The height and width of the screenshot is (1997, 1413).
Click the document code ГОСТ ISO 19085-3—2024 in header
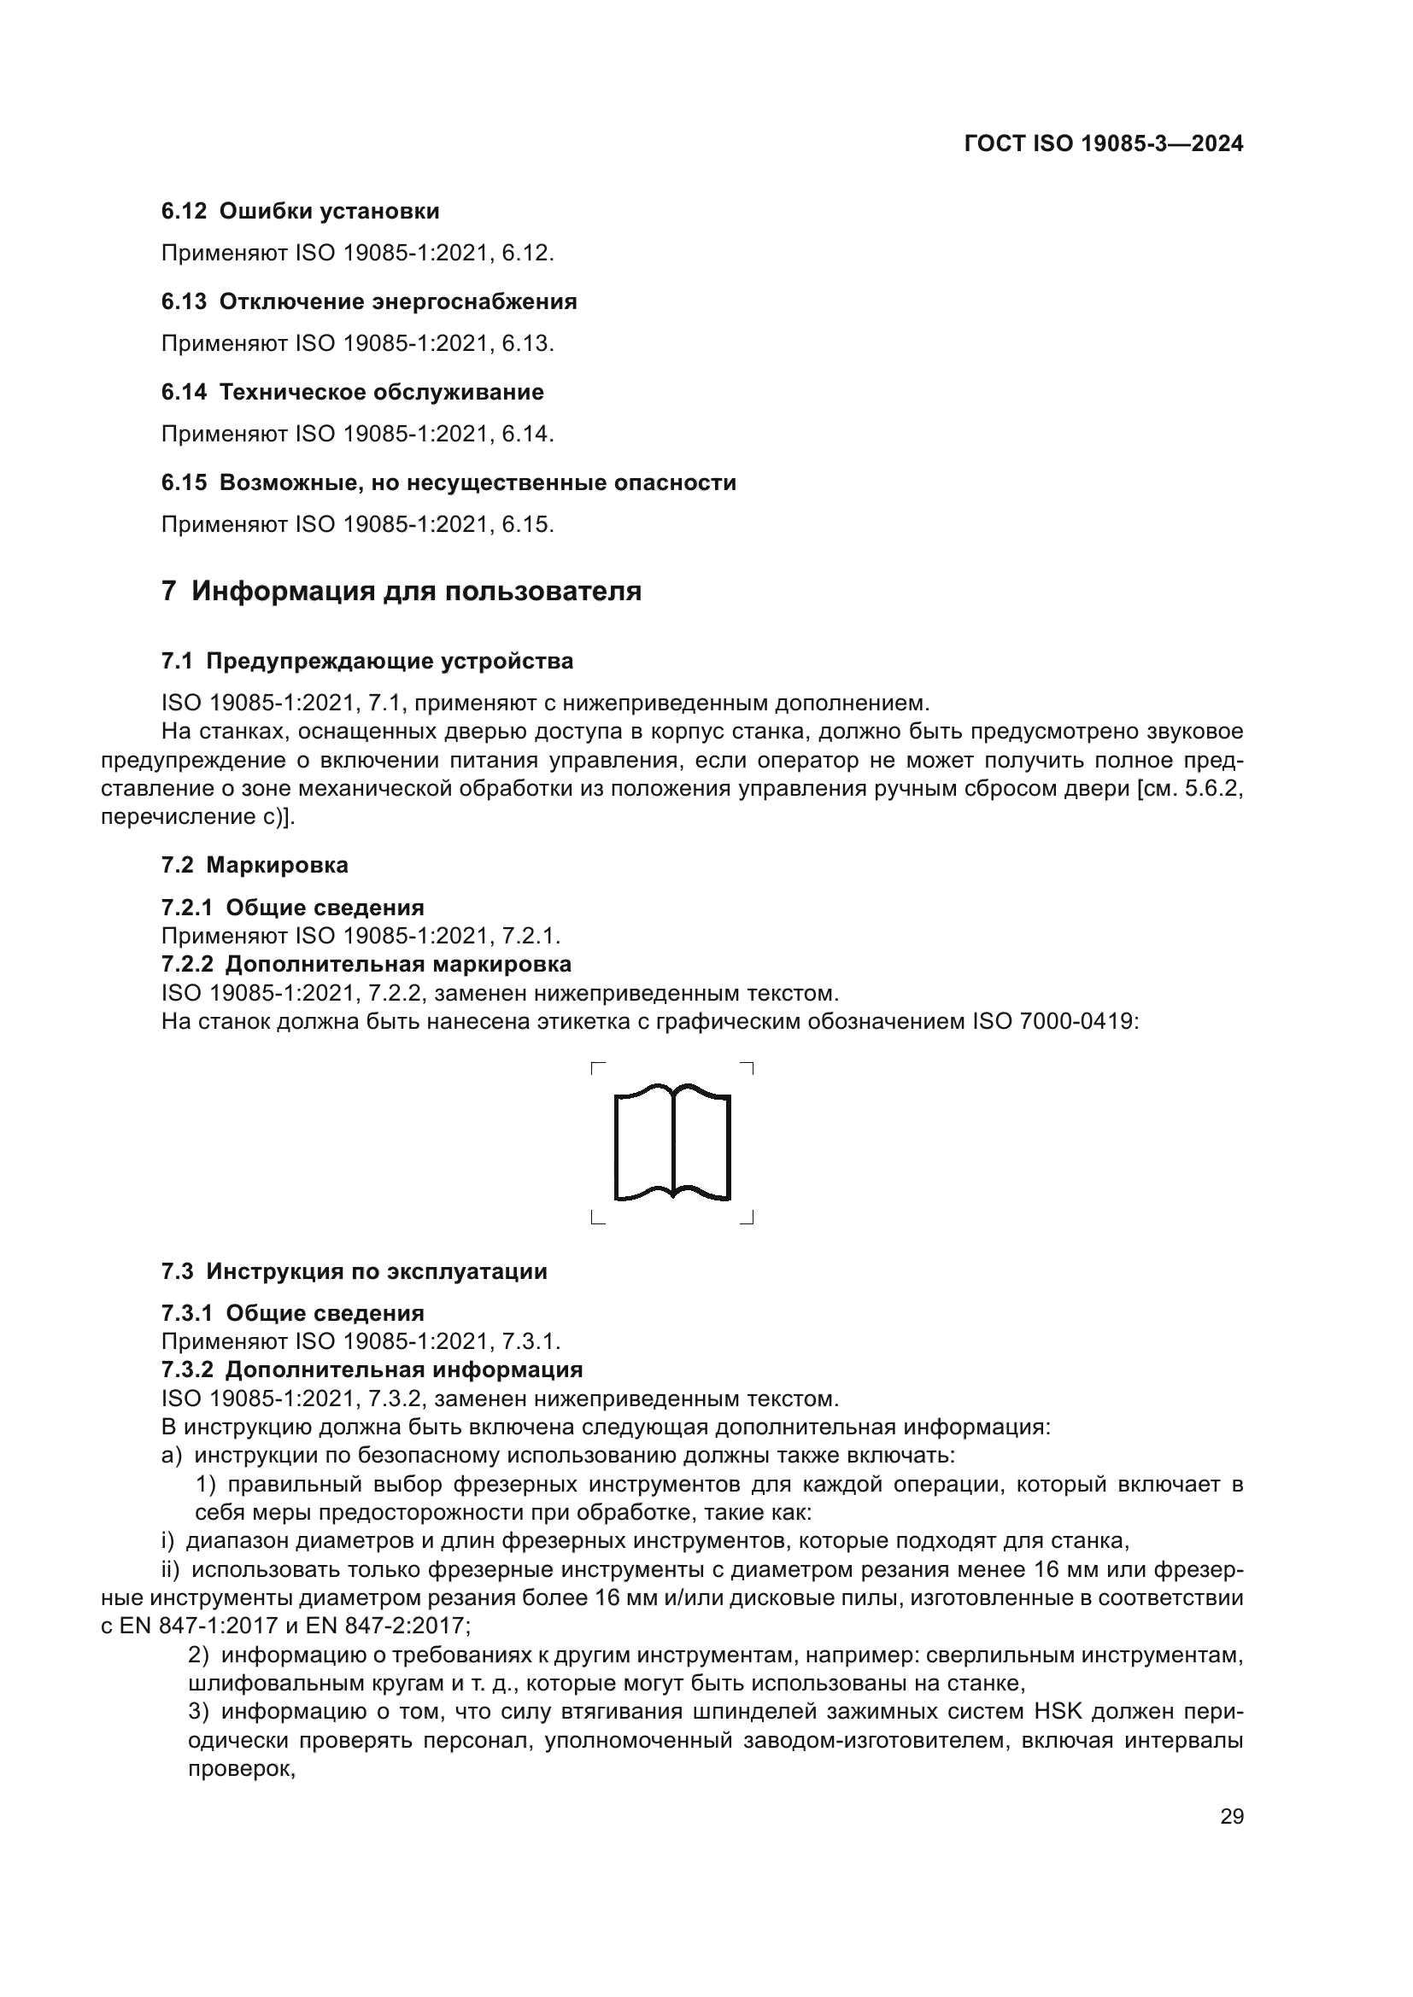click(1103, 143)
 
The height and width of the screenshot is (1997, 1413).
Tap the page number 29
click(1231, 1816)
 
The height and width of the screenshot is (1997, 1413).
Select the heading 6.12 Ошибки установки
click(300, 212)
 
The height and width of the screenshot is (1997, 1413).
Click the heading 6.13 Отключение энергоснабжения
click(369, 301)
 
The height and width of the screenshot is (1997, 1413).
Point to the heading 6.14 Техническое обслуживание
click(352, 392)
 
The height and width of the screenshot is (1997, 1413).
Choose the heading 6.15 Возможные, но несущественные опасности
click(449, 482)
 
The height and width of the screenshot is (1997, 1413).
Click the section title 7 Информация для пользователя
click(402, 592)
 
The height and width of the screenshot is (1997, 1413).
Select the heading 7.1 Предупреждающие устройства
click(367, 661)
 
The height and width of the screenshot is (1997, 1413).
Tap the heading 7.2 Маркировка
click(254, 865)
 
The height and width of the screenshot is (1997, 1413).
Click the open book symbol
click(671, 1142)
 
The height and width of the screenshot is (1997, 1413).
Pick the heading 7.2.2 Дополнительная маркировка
click(366, 964)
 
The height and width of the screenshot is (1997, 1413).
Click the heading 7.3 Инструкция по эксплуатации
click(355, 1271)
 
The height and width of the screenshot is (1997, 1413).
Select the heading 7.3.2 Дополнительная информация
click(372, 1369)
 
